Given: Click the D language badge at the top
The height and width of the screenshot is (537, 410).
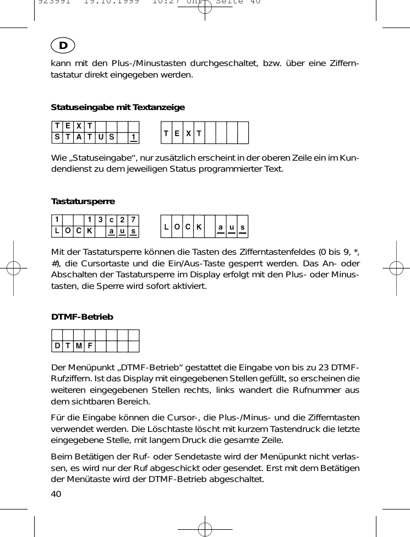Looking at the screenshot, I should (63, 46).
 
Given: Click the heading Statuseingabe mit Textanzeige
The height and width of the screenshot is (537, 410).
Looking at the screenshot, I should (118, 107).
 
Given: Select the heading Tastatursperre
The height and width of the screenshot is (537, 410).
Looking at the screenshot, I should (83, 201).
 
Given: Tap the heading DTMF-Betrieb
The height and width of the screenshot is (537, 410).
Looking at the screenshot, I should (82, 317).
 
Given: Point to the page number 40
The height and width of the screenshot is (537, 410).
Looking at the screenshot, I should (56, 493).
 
